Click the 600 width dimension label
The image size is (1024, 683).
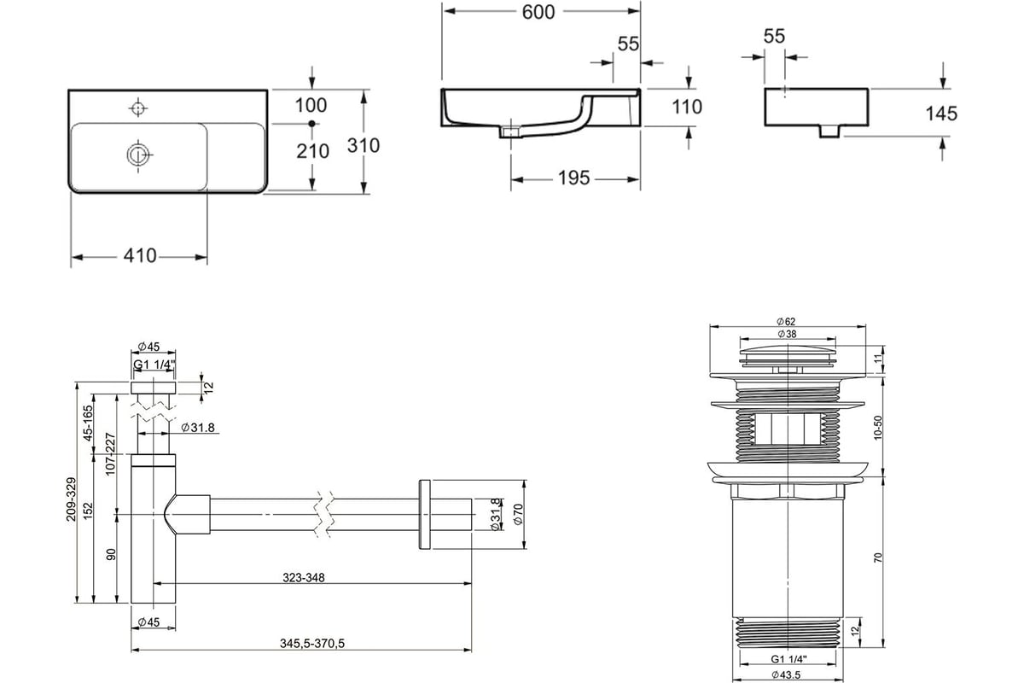538,12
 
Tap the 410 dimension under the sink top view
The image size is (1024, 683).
140,256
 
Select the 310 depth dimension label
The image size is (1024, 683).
364,145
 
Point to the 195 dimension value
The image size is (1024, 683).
573,178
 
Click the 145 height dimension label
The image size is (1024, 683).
941,114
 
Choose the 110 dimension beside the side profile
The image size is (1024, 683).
687,107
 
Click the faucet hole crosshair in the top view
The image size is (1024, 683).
137,108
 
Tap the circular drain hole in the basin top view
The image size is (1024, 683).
138,155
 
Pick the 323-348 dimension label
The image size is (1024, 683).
304,578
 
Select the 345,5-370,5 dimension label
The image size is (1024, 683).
312,644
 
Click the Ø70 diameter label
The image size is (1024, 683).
518,514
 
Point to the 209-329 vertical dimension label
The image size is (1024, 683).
71,499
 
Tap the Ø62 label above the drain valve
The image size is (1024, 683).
786,322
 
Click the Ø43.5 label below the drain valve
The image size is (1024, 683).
786,674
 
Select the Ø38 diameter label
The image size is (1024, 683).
787,334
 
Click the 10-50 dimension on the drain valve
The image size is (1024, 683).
877,428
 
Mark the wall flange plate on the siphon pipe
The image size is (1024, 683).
424,514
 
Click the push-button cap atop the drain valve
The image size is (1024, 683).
788,355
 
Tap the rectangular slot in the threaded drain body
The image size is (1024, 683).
788,429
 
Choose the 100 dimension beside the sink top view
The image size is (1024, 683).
311,106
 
